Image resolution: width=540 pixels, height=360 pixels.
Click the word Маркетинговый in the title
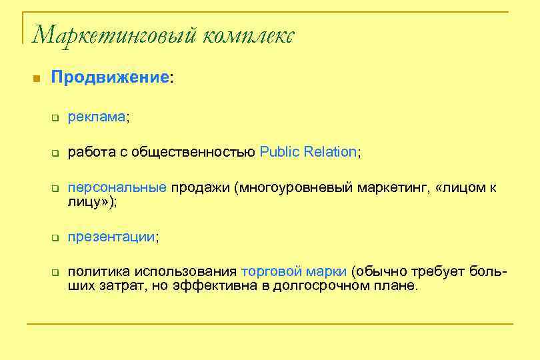113,34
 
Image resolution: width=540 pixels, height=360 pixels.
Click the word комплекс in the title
247,34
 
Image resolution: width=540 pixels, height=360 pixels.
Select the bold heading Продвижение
111,77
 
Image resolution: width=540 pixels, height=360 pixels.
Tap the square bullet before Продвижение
37,79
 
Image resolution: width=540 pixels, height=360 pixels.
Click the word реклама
97,117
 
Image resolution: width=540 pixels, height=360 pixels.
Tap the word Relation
331,152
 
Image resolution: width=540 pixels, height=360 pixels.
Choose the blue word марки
328,272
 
